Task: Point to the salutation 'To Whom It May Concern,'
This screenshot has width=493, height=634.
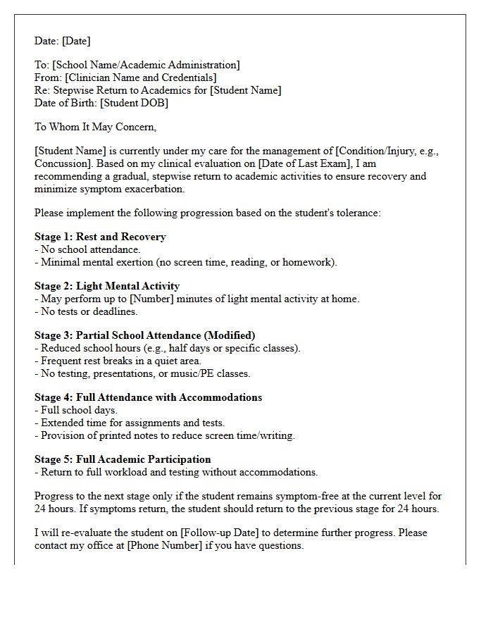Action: pyautogui.click(x=95, y=127)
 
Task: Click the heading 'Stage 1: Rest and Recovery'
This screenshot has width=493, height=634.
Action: pyautogui.click(x=100, y=237)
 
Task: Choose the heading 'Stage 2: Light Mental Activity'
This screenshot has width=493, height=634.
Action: pyautogui.click(x=107, y=286)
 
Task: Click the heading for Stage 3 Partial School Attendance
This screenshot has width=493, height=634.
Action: pyautogui.click(x=145, y=335)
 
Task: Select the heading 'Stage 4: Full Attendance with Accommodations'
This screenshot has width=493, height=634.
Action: pyautogui.click(x=148, y=397)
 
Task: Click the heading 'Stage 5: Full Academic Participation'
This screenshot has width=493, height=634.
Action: pyautogui.click(x=123, y=459)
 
